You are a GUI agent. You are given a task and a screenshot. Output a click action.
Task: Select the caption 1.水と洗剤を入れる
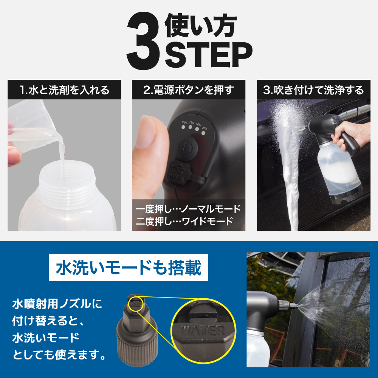(65, 90)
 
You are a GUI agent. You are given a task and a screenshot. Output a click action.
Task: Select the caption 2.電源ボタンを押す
(189, 90)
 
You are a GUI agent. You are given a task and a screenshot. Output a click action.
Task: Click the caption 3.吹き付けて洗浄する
(313, 90)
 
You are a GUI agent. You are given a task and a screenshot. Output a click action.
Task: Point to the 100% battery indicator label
(185, 122)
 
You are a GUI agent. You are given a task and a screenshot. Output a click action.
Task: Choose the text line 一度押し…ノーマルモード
(188, 209)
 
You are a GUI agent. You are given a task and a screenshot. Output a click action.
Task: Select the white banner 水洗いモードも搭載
(128, 269)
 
